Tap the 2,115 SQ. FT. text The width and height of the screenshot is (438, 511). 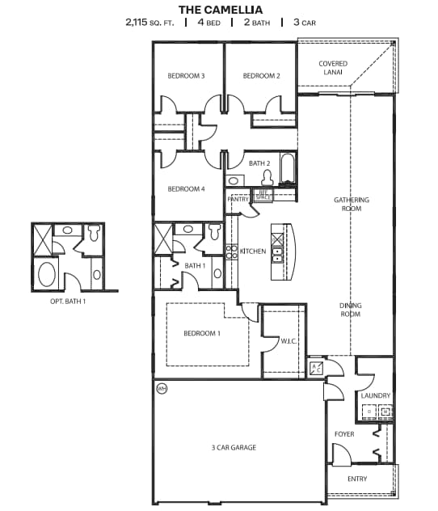pyautogui.click(x=151, y=23)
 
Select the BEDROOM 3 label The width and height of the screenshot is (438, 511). pyautogui.click(x=186, y=76)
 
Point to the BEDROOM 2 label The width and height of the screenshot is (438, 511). pyautogui.click(x=261, y=76)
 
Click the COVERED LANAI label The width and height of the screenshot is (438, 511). pyautogui.click(x=332, y=68)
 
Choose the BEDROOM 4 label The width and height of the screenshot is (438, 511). pyautogui.click(x=186, y=189)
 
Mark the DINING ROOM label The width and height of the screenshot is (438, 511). pyautogui.click(x=350, y=309)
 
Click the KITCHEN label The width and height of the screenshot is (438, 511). pyautogui.click(x=253, y=251)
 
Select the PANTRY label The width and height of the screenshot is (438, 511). pyautogui.click(x=236, y=198)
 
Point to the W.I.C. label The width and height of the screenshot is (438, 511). pyautogui.click(x=289, y=341)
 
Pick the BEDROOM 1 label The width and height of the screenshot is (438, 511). pyautogui.click(x=203, y=332)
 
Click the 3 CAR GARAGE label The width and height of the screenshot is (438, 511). pyautogui.click(x=234, y=447)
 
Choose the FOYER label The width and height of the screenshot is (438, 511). pyautogui.click(x=344, y=434)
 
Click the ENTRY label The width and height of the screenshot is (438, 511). pyautogui.click(x=356, y=479)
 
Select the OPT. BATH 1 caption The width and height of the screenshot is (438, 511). pyautogui.click(x=68, y=301)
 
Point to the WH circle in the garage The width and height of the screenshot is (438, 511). pyautogui.click(x=161, y=389)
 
